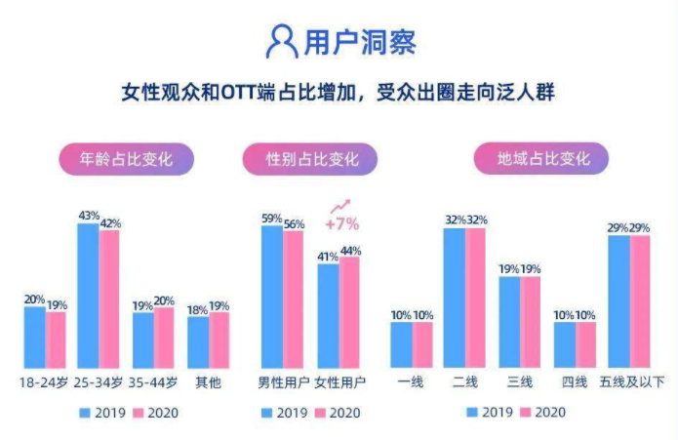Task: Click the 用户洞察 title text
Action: [x=360, y=43]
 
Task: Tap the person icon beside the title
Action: [x=282, y=42]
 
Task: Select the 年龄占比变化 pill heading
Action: [x=126, y=158]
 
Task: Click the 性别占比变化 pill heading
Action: [x=312, y=158]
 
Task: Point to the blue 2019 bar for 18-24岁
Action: [x=34, y=334]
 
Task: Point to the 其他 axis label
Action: [x=208, y=381]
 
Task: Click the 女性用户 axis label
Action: [x=338, y=381]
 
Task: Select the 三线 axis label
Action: [x=519, y=381]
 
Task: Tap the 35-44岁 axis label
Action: [x=153, y=381]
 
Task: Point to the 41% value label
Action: [x=327, y=257]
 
